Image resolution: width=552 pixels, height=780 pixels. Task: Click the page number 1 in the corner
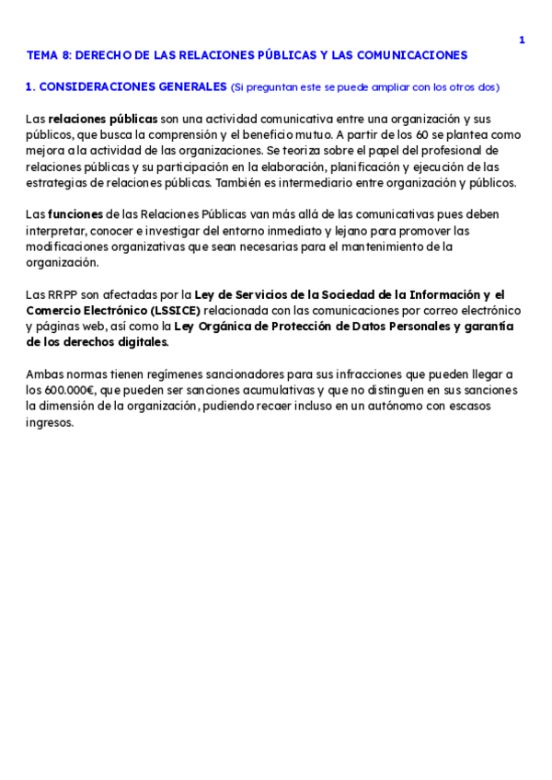522,40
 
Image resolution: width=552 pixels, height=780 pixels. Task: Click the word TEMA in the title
41,55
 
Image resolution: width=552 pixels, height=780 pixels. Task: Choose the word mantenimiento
375,247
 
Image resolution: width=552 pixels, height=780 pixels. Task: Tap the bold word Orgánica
230,326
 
